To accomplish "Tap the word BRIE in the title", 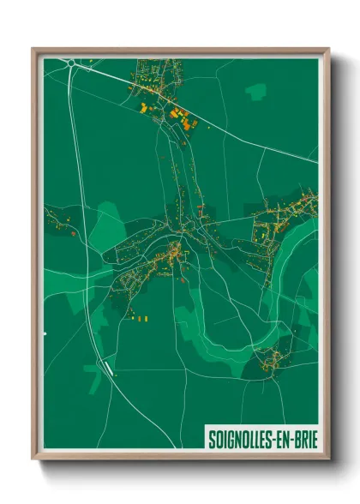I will (300, 439).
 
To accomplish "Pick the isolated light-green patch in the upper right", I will (255, 90).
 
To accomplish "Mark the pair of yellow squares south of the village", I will (140, 318).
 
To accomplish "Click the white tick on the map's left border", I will (45, 332).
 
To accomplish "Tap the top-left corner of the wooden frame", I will (33, 49).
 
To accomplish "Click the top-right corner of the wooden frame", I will (327, 49).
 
